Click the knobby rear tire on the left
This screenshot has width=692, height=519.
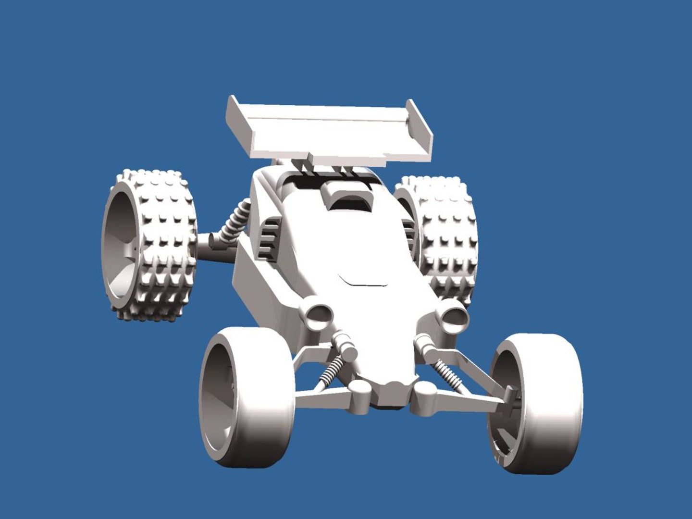point(163,245)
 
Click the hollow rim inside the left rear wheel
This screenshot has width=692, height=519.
point(120,245)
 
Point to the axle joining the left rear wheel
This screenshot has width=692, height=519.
point(207,245)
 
